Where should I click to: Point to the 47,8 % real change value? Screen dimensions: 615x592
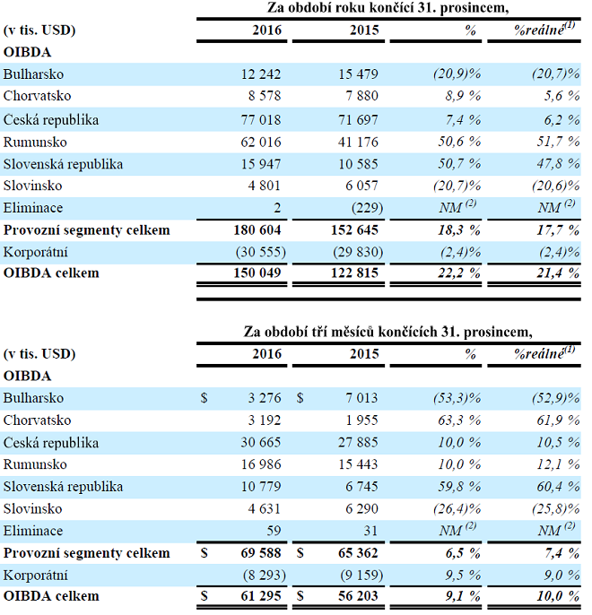pyautogui.click(x=558, y=164)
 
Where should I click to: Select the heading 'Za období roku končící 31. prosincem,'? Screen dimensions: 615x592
pyautogui.click(x=387, y=8)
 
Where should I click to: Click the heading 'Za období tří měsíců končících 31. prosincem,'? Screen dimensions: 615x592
pyautogui.click(x=387, y=332)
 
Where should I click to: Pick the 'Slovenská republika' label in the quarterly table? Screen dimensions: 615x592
pyautogui.click(x=63, y=487)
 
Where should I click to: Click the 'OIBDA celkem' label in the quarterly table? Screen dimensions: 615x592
pyautogui.click(x=50, y=596)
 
